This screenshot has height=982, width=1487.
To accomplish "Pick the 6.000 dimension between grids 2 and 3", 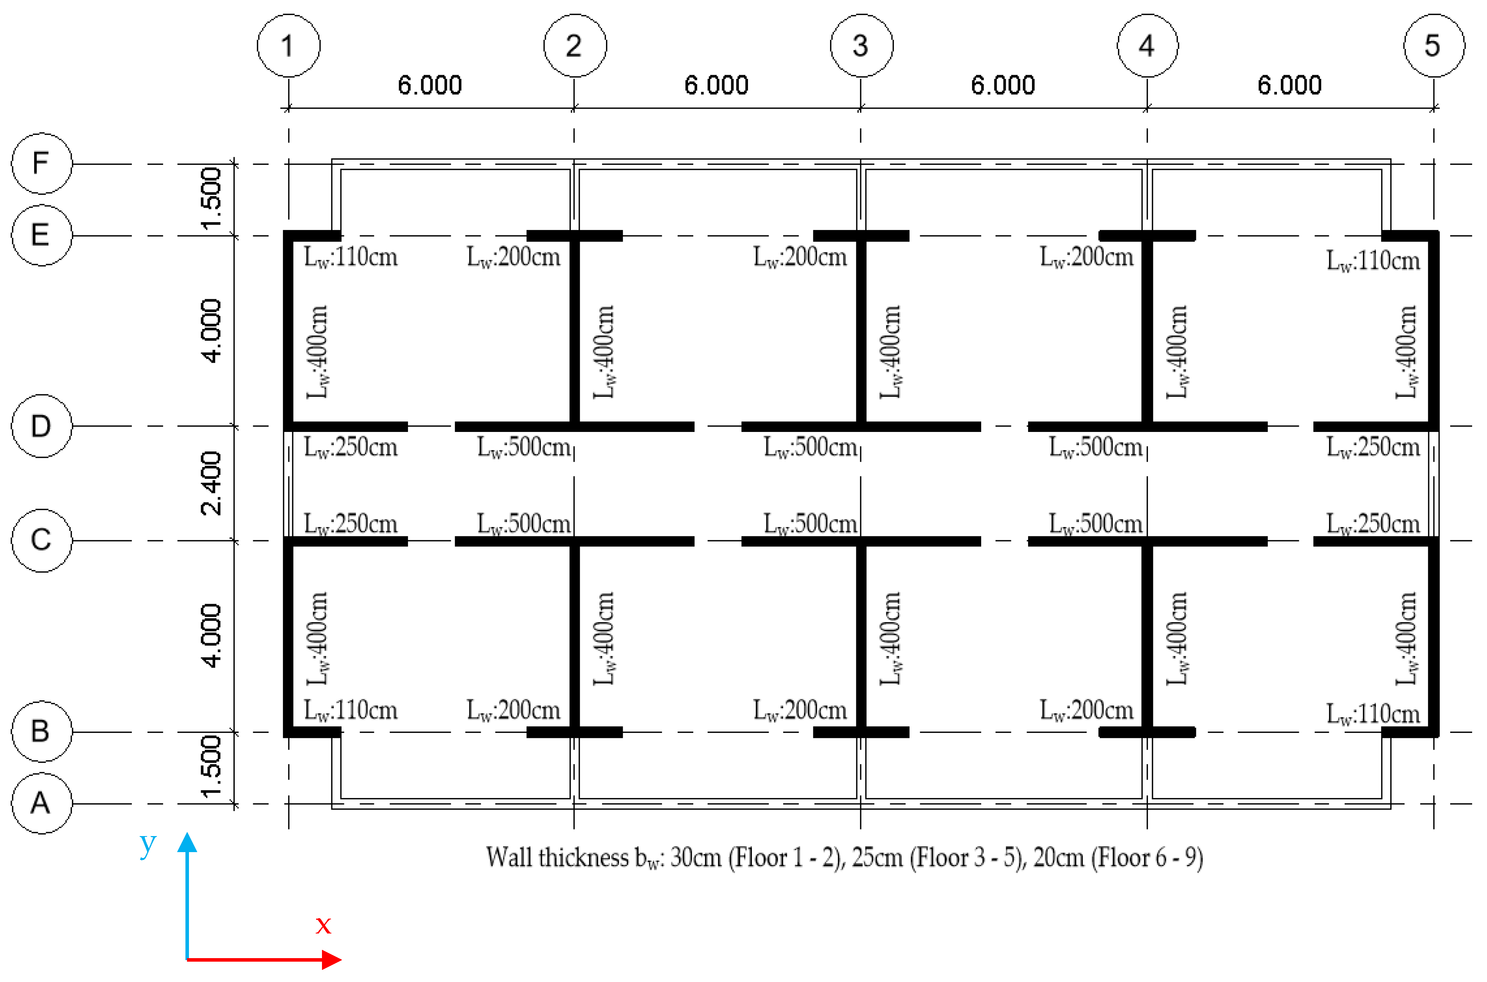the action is pos(716,85).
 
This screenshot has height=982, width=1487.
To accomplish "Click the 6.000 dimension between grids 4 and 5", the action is pos(1290,85).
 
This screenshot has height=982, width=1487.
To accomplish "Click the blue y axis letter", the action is pos(148,845).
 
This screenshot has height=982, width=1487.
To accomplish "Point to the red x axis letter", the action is pos(323,925).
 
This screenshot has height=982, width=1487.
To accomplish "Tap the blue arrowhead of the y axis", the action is pos(187,842).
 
